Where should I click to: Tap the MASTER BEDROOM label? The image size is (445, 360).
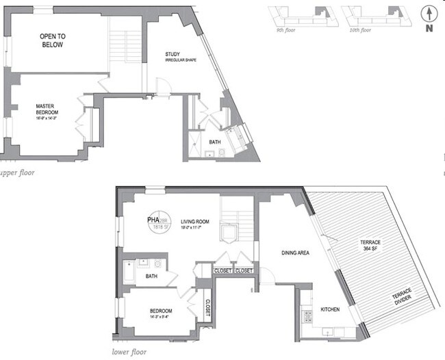click(x=47, y=109)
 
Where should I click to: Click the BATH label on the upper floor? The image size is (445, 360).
click(x=215, y=142)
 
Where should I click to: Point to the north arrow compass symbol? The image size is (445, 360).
click(x=428, y=16)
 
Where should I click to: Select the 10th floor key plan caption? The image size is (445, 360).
click(x=359, y=30)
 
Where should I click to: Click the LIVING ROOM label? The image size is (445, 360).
click(x=195, y=222)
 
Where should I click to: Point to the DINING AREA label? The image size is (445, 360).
click(x=296, y=253)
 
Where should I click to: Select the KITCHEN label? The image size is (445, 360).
click(x=331, y=310)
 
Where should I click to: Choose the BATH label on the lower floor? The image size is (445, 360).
click(x=152, y=276)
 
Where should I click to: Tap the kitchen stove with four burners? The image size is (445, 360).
click(x=307, y=316)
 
